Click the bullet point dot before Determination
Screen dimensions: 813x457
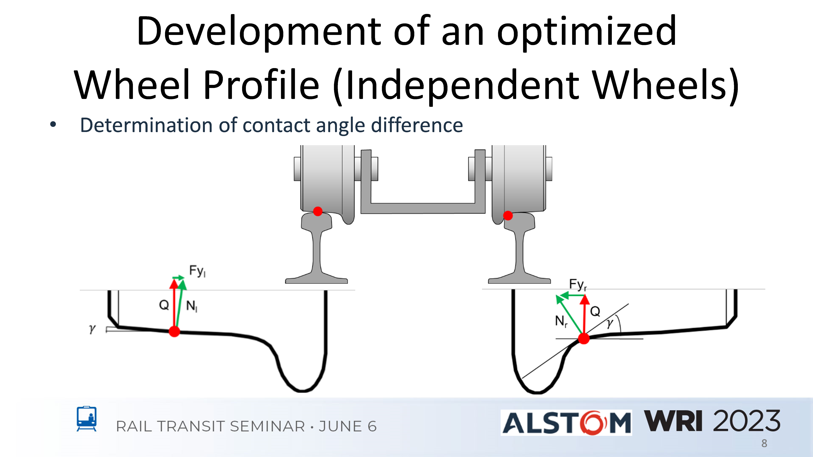53,124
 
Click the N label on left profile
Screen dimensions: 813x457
192,306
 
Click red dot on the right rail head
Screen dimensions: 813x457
508,216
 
